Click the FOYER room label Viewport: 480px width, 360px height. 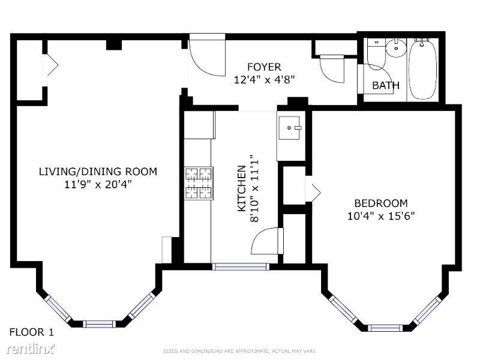coord(264,67)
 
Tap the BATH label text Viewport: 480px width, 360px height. coord(385,85)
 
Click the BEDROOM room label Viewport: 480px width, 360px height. coord(380,203)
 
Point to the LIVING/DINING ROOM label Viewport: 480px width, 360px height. coord(98,172)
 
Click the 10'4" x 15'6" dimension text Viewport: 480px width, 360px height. coord(380,216)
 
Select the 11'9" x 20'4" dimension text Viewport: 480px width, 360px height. coord(98,184)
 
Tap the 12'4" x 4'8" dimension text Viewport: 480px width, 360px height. coord(264,79)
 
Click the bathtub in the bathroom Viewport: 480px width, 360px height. coord(424,69)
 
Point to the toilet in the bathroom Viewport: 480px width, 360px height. coord(376,53)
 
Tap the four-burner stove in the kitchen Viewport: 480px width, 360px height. coord(199,183)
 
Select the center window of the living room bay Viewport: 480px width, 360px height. coord(99,324)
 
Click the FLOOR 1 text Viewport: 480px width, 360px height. coord(32,332)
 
